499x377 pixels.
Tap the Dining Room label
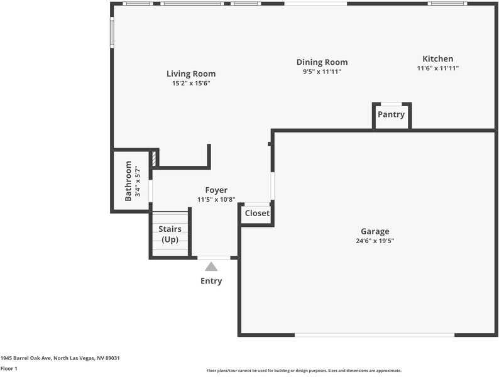coord(322,62)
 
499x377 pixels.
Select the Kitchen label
coord(437,59)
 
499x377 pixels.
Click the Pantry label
coord(391,115)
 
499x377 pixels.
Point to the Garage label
coord(375,231)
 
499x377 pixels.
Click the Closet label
coord(257,214)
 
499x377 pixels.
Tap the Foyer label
coord(216,190)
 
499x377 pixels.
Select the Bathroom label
coord(129,180)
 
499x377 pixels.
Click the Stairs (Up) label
coord(170,234)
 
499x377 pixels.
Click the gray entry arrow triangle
coord(211,266)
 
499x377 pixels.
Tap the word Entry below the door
coord(211,281)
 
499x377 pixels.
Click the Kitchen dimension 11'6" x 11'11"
coord(438,68)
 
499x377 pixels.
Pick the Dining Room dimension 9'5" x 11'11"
coord(322,72)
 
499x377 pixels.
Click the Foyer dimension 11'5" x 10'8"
coord(216,200)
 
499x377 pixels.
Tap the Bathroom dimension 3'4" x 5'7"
coord(138,180)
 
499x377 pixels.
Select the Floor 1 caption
coord(9,369)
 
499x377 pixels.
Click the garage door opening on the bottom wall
coord(375,335)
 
